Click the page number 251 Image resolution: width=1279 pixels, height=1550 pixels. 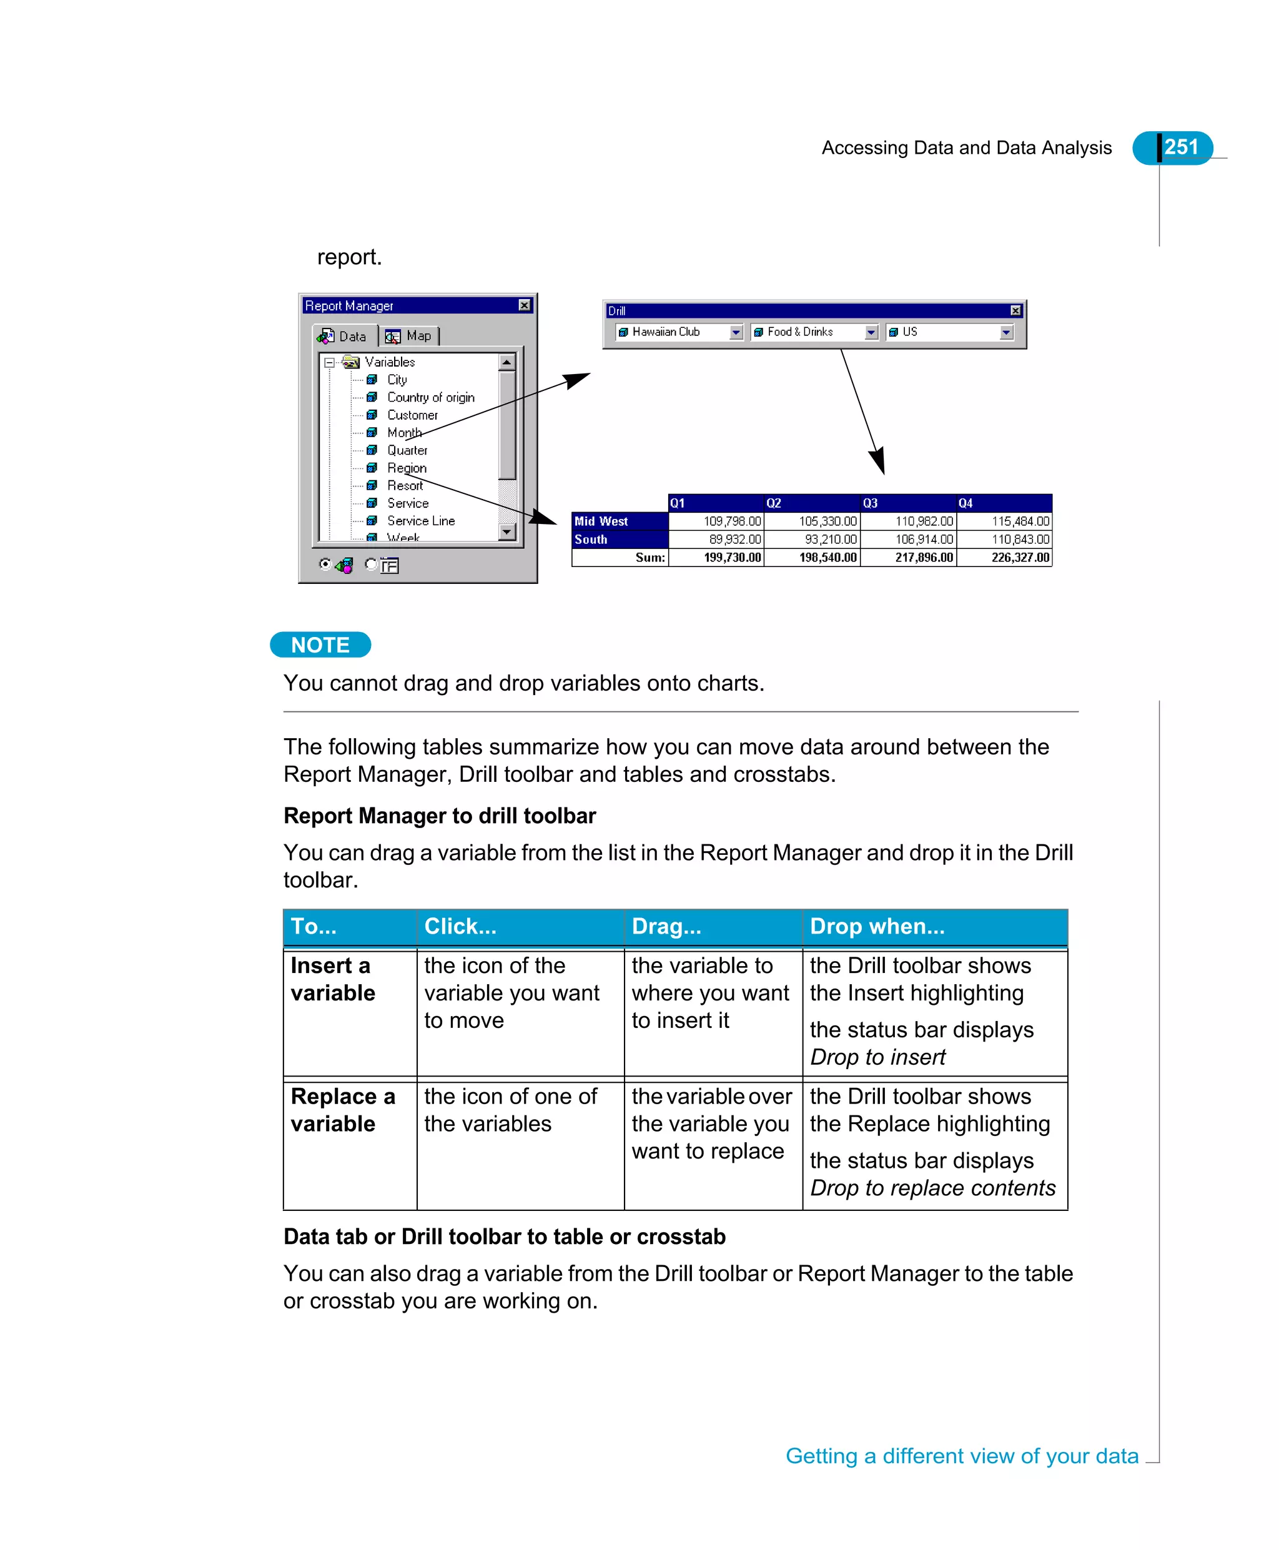point(1180,147)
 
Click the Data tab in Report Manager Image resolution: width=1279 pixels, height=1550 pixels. point(343,336)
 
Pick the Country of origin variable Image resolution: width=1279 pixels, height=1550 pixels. point(430,397)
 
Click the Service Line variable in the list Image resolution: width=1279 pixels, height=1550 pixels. point(421,521)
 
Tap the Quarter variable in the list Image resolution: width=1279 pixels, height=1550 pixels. point(407,450)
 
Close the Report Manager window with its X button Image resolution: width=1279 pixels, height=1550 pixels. point(524,305)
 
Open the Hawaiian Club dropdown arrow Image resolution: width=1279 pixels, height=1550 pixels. point(735,332)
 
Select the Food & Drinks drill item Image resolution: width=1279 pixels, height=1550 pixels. point(799,332)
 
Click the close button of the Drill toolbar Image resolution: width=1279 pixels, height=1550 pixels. point(1015,311)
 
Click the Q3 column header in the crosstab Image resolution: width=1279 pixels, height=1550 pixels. point(870,503)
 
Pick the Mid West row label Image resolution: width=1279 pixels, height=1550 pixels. point(601,521)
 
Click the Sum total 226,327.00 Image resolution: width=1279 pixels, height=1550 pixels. point(1020,558)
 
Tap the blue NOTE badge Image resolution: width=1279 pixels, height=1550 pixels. point(320,644)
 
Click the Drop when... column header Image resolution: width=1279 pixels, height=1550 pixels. point(877,926)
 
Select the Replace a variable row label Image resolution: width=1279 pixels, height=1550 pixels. point(343,1110)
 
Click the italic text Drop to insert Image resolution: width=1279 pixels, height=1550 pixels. point(877,1057)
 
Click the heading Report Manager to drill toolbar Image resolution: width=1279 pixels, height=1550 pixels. point(439,816)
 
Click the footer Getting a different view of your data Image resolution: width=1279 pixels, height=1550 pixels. point(962,1456)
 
